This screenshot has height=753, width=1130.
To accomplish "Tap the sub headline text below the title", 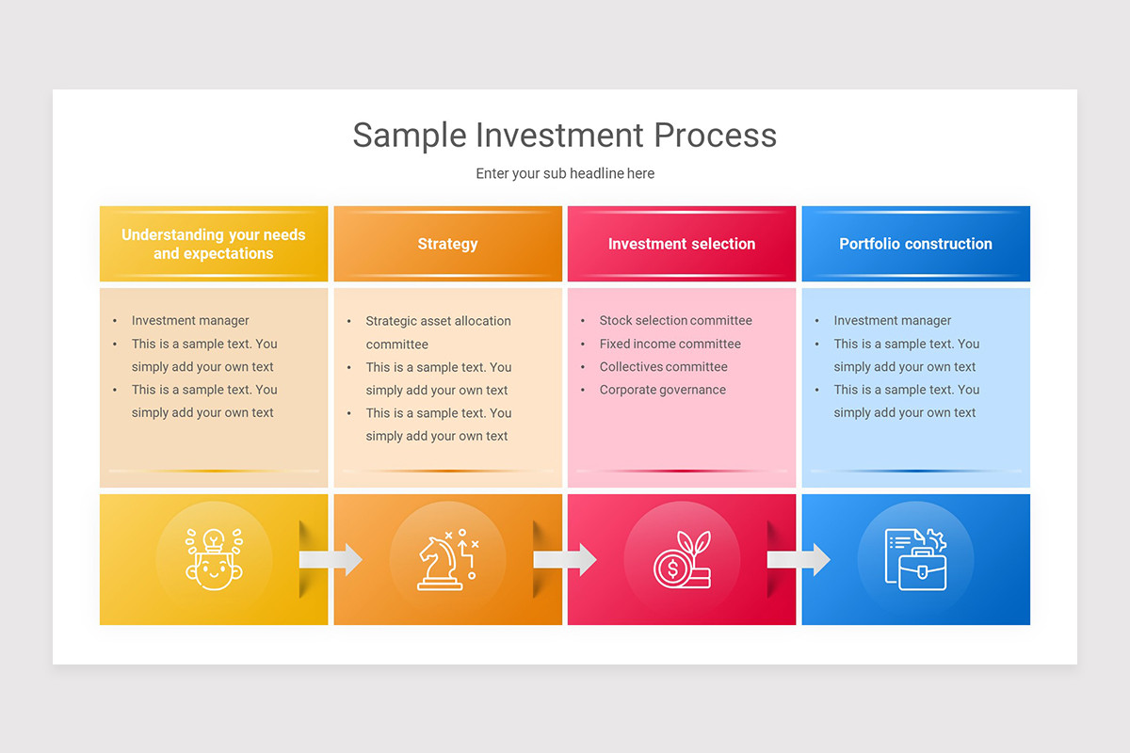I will tap(565, 173).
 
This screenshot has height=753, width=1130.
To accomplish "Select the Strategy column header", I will tap(447, 244).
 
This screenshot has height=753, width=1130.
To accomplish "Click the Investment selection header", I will tap(682, 244).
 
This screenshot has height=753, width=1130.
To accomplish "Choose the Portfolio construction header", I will tap(915, 244).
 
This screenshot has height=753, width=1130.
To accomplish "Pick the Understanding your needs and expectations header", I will tap(214, 244).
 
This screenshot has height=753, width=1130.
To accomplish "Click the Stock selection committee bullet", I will tap(675, 321).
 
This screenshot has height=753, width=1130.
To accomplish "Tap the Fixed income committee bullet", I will tap(670, 344).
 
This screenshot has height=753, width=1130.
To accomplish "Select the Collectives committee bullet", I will tap(663, 367).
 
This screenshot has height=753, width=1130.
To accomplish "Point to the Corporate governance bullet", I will tap(662, 390).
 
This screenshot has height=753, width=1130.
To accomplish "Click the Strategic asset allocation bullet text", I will tap(438, 321).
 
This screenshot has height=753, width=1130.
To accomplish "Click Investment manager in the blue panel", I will tap(892, 321).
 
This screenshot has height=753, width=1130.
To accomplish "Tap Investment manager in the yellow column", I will tap(190, 321).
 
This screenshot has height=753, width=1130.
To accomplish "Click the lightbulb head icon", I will tap(214, 559).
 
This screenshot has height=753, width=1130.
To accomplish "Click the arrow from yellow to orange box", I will tap(331, 559).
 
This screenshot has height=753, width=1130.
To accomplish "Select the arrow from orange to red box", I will tap(564, 559).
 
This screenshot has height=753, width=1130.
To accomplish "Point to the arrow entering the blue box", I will tap(799, 559).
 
